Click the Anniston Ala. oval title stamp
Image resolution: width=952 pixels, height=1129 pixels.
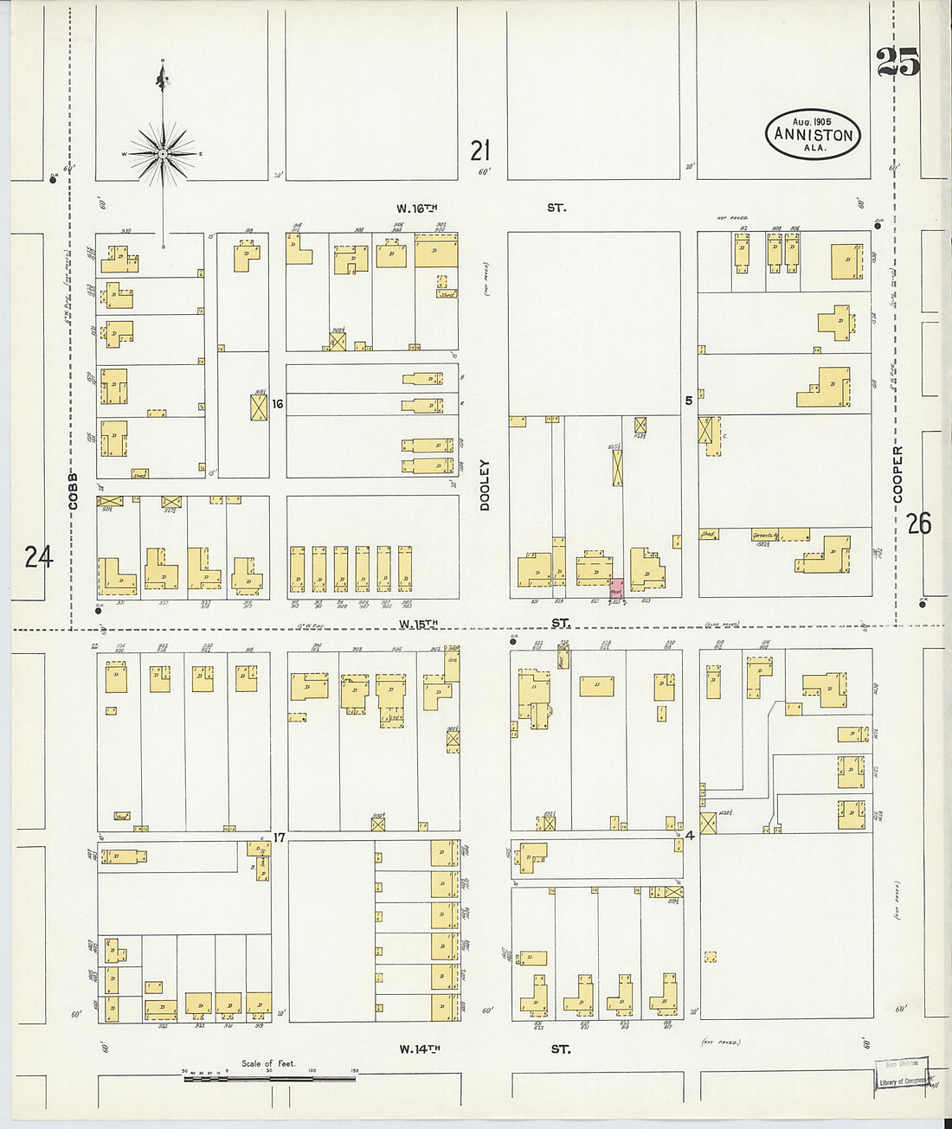[813, 134]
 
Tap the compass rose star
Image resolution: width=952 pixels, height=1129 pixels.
[163, 154]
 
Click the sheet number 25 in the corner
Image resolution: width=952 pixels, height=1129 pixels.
[897, 63]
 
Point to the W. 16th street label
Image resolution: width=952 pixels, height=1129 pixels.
[418, 208]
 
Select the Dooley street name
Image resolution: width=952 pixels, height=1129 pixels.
[485, 484]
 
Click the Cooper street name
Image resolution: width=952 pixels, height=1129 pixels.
[897, 474]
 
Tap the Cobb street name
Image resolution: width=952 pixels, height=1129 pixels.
[73, 491]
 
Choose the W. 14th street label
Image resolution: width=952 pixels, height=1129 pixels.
[420, 1049]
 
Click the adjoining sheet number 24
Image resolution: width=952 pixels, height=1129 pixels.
[38, 556]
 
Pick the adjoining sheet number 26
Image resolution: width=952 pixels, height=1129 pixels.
[918, 523]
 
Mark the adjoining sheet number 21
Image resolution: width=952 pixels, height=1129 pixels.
[479, 151]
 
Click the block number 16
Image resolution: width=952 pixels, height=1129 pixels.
[278, 403]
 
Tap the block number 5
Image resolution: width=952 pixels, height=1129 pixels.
[689, 401]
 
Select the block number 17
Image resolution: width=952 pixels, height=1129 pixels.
[279, 837]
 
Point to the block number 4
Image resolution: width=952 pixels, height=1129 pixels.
[690, 836]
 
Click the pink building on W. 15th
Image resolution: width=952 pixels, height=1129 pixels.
[616, 588]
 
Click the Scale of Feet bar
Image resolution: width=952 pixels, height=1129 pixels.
[268, 1078]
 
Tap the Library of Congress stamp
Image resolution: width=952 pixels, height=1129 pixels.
[902, 1075]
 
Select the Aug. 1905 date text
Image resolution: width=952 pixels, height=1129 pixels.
[812, 122]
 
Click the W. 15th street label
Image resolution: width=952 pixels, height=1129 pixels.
[419, 623]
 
